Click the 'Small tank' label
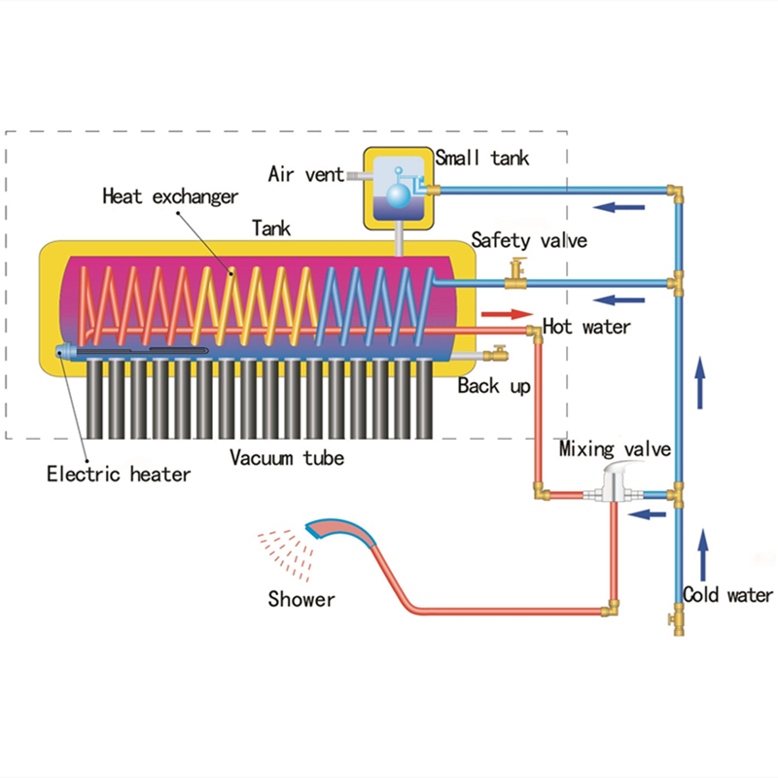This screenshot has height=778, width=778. (482, 158)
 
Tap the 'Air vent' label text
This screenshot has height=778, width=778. (305, 175)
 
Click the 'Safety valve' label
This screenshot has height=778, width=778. (529, 239)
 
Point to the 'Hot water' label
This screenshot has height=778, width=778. (586, 326)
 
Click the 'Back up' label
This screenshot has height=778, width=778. (494, 386)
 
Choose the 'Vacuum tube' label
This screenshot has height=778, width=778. (287, 457)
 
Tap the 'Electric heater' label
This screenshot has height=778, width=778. (119, 475)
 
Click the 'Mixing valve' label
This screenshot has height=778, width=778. (615, 448)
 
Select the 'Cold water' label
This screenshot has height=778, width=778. (727, 595)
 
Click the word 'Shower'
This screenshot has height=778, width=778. (301, 599)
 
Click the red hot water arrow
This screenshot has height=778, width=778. (508, 314)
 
